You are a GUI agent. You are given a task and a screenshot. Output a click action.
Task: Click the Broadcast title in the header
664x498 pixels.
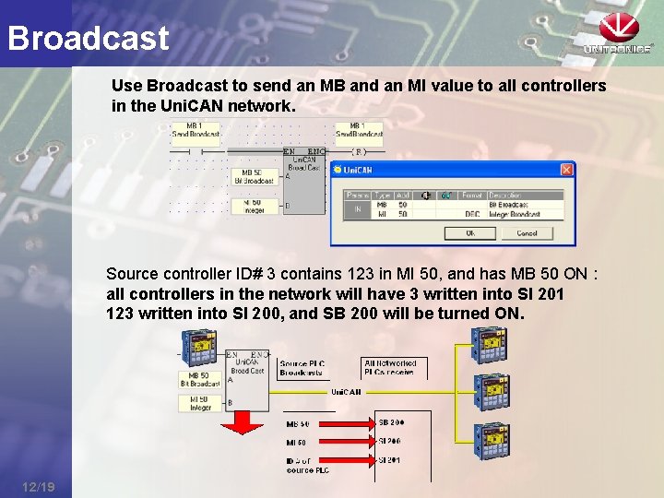point(89,38)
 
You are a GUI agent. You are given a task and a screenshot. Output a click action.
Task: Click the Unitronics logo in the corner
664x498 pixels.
point(618,35)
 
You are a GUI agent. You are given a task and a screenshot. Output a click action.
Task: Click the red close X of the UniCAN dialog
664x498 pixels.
point(566,170)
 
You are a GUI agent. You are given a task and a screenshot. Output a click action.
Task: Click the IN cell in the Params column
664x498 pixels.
point(356,208)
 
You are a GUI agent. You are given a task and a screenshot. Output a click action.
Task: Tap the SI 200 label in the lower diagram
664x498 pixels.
point(391,441)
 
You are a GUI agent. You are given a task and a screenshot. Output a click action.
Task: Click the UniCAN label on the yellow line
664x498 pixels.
point(347,392)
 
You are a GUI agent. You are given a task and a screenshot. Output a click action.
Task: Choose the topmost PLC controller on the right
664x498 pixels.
point(490,346)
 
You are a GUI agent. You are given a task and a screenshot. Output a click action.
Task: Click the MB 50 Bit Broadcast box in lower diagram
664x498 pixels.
point(200,379)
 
